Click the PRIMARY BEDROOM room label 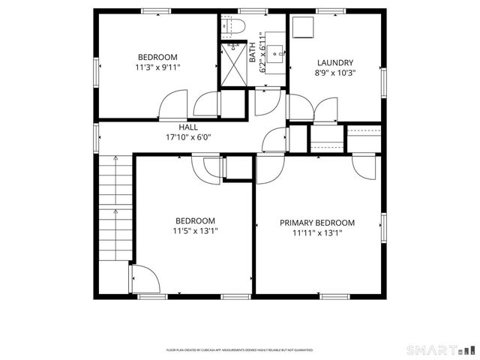point(317,223)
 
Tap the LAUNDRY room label point(334,63)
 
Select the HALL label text point(188,127)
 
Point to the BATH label point(253,51)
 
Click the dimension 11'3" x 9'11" point(157,67)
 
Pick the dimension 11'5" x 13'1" point(195,231)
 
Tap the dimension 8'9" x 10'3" point(334,73)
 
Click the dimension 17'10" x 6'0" point(188,138)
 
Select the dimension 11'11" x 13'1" point(317,233)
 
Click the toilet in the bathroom point(233,28)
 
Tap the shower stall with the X point(232,65)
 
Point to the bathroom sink point(277,52)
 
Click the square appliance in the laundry point(303,28)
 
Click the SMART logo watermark point(440,349)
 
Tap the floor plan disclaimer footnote point(239,349)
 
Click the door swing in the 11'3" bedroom point(174,105)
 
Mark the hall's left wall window point(96,137)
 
